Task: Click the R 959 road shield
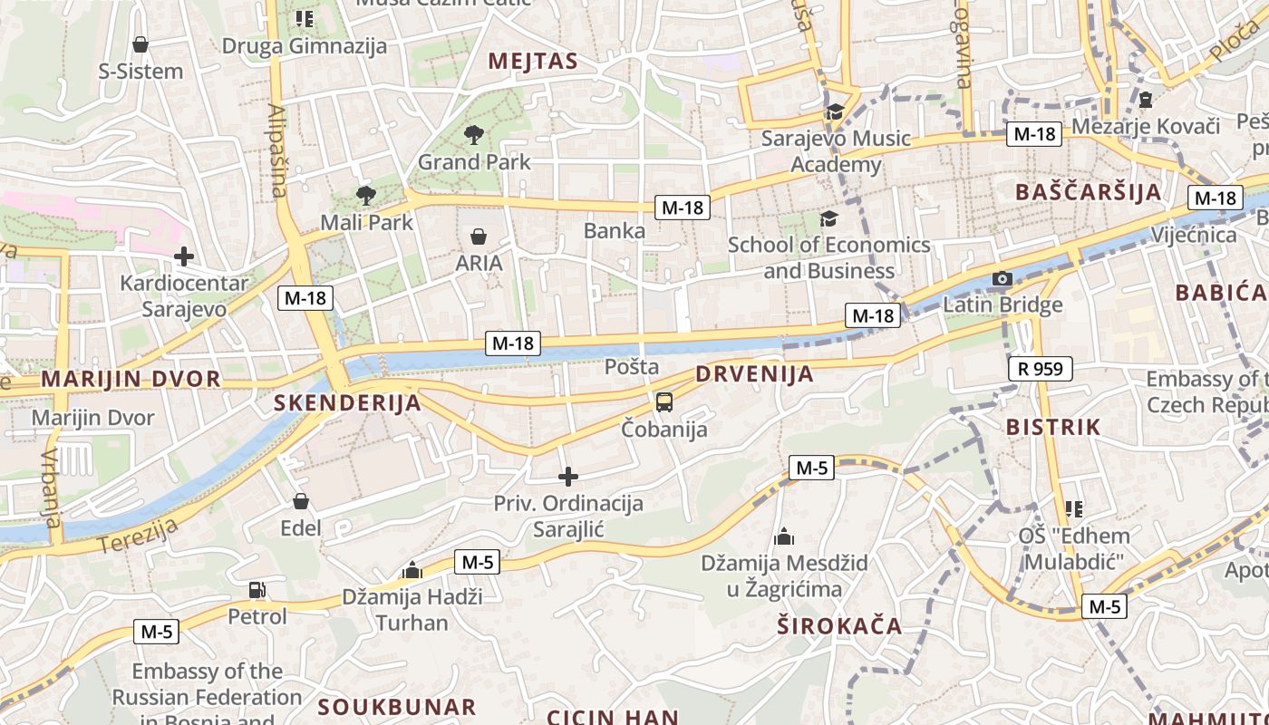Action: click(x=1041, y=369)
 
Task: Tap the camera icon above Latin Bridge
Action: click(x=1003, y=278)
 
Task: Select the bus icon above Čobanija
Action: click(x=664, y=401)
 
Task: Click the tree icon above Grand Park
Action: click(x=473, y=136)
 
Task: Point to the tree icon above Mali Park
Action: click(x=365, y=195)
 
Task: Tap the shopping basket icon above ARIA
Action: click(x=479, y=237)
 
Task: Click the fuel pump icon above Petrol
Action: click(x=257, y=590)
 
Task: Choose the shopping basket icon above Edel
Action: click(x=301, y=501)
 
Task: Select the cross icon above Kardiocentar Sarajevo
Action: click(x=184, y=256)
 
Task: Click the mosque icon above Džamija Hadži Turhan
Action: click(x=412, y=570)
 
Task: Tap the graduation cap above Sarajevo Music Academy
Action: click(x=834, y=111)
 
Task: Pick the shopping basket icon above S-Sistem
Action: click(x=140, y=44)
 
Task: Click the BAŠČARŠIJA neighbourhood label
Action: click(x=1088, y=192)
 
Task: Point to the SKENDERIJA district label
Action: click(x=348, y=403)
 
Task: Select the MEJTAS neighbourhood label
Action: click(x=533, y=61)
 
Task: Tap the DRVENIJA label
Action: click(x=754, y=374)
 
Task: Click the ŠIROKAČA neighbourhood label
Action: click(x=840, y=625)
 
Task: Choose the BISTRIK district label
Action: click(x=1053, y=427)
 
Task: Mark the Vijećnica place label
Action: click(x=1194, y=236)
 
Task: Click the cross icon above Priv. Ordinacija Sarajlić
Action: click(x=568, y=477)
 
